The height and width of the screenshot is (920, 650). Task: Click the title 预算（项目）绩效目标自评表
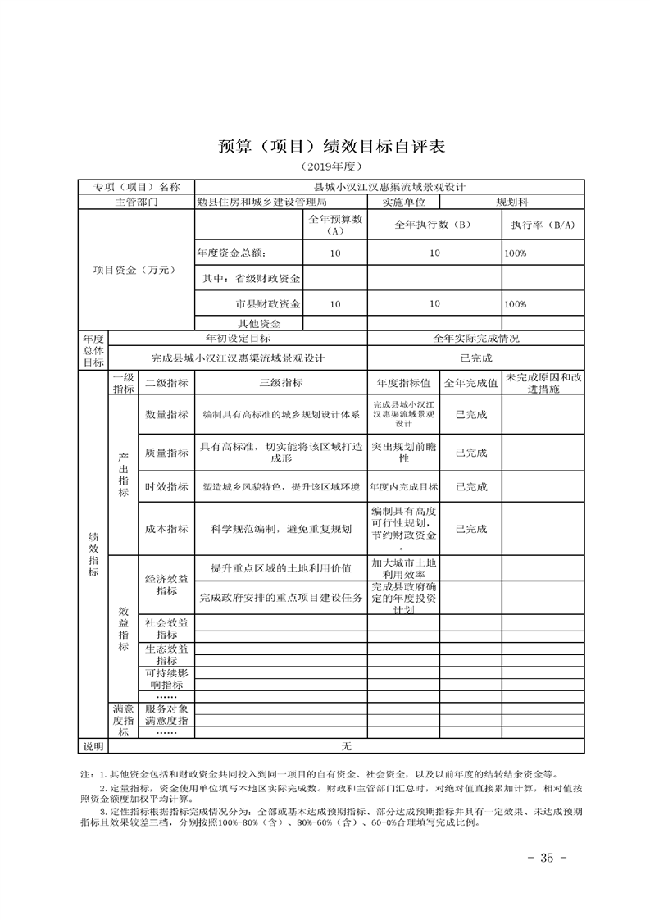324,148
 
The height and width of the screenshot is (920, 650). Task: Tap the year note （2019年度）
325,167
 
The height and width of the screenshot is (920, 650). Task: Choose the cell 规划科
513,202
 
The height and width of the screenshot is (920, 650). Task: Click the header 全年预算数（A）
334,225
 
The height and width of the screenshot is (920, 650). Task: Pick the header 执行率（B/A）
543,225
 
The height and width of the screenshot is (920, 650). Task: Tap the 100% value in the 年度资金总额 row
516,254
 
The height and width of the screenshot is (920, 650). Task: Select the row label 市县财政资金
268,303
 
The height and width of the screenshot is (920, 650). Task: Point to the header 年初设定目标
238,338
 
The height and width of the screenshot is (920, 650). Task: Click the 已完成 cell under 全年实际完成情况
476,358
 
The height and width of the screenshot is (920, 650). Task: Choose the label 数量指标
166,415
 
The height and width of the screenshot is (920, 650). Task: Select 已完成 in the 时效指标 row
470,486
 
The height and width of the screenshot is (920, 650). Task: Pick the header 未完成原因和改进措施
543,382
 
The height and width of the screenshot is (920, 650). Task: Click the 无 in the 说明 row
346,746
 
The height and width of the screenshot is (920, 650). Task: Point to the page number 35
542,858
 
